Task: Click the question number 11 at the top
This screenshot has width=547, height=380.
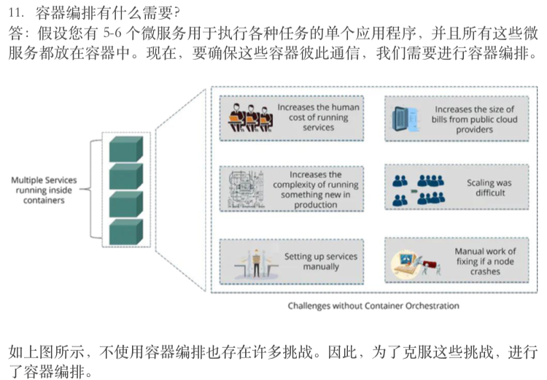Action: coord(15,12)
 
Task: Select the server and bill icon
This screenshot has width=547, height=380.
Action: coord(404,117)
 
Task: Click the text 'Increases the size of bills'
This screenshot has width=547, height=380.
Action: coord(474,120)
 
